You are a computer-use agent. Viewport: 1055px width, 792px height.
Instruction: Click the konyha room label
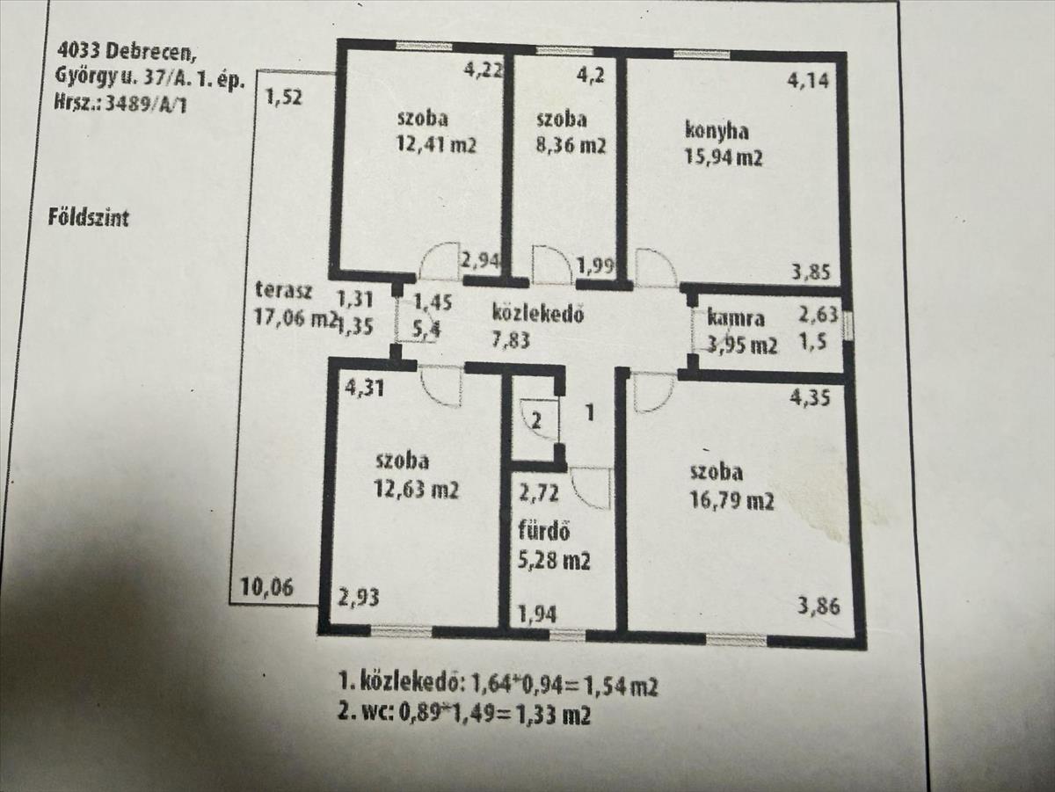717,131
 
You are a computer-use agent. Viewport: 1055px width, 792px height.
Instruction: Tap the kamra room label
735,319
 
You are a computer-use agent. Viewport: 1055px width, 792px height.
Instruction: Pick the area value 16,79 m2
731,502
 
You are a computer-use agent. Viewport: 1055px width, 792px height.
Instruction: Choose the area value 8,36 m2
571,146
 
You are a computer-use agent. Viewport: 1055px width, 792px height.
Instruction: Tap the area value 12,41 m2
436,145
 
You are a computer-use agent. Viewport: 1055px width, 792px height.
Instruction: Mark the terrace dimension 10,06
266,588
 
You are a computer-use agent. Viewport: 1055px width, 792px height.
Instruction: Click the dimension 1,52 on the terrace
284,98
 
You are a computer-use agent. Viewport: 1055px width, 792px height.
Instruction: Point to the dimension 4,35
810,396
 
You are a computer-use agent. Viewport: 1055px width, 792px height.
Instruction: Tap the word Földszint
88,217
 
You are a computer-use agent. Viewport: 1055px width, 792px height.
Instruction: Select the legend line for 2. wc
464,715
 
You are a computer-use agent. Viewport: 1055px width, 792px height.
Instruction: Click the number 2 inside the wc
537,421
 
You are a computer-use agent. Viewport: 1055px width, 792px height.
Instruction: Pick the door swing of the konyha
655,267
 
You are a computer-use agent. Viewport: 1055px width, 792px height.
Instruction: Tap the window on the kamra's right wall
848,325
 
